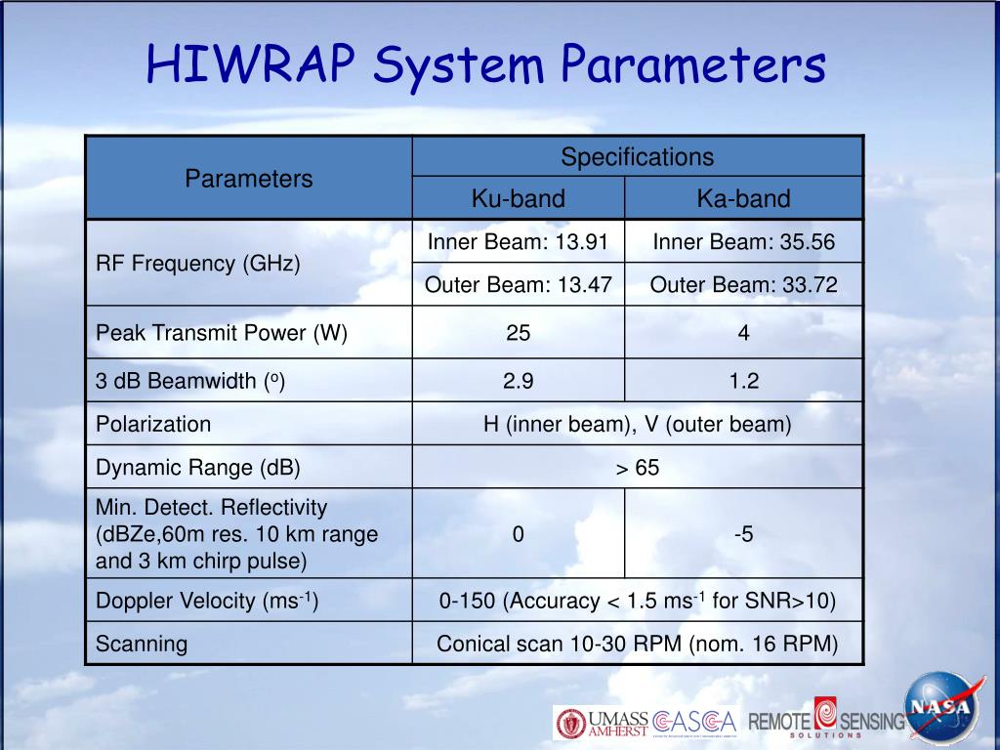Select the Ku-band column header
(x=518, y=199)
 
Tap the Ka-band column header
(x=743, y=199)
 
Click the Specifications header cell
(x=637, y=157)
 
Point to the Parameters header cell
(x=249, y=179)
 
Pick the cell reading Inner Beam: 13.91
(x=518, y=242)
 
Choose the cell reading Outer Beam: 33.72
(x=743, y=285)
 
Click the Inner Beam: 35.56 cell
(x=743, y=242)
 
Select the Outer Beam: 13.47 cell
(x=518, y=285)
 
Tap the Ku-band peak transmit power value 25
(x=518, y=333)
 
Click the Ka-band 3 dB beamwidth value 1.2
(x=743, y=381)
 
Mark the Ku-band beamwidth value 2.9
(x=518, y=381)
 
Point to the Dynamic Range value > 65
(x=637, y=468)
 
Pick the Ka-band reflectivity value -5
(x=743, y=534)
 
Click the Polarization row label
(x=153, y=424)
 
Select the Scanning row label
(x=142, y=644)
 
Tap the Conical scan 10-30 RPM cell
(x=637, y=644)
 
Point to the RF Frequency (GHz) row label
(x=198, y=264)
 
